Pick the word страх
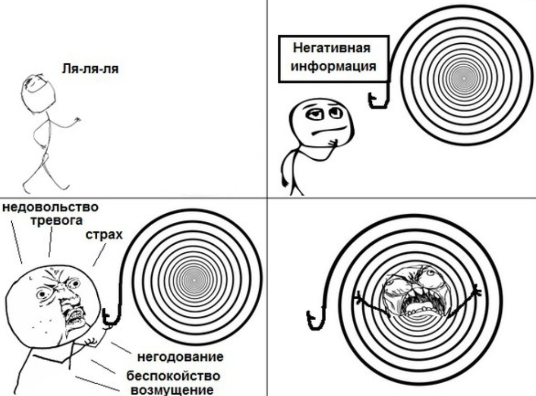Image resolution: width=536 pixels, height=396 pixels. (102, 236)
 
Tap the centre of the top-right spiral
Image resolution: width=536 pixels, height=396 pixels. (464, 79)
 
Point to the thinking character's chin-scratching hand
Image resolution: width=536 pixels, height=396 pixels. (335, 142)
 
